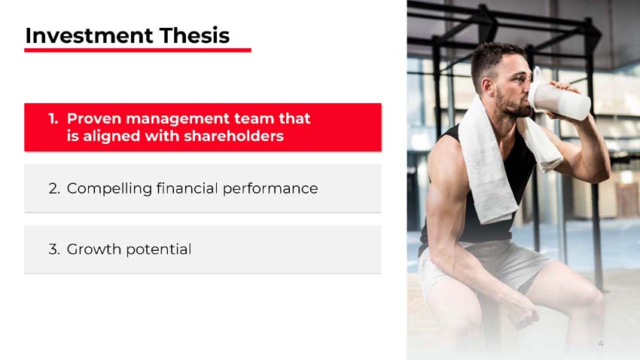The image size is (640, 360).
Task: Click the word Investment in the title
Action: pos(82,35)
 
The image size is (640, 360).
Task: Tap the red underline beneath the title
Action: pos(137,50)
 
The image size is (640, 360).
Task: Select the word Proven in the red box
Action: pos(93,119)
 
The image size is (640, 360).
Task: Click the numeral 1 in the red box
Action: pos(53,119)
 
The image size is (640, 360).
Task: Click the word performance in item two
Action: pos(270,188)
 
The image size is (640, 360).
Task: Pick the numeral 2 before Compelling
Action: pos(53,188)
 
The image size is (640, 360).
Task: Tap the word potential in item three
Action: pos(158,249)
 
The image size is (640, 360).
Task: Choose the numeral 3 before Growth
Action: pos(53,249)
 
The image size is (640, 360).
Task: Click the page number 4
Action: pos(601,343)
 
